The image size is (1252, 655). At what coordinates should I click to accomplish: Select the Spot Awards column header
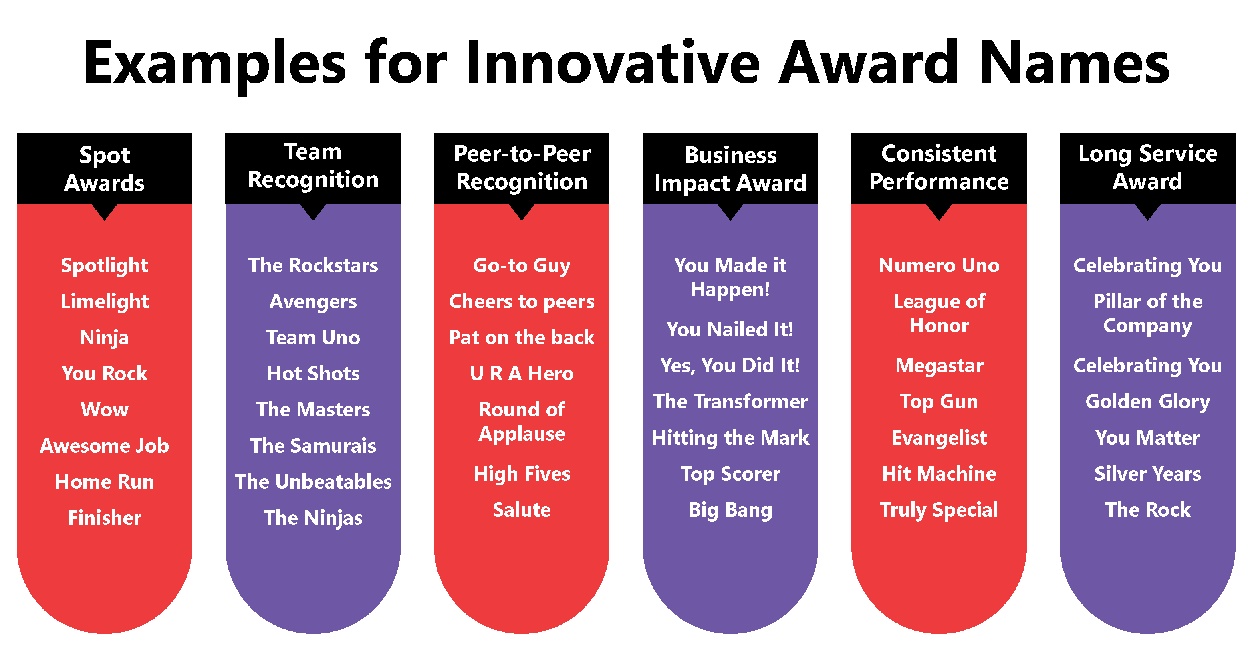point(105,169)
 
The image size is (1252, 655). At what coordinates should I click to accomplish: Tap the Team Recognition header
point(313,166)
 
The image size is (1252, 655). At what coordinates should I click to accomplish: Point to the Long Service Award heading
point(1147,167)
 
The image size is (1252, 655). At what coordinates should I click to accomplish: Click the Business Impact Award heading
point(730,169)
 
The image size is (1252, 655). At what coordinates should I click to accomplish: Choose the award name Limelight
point(105,302)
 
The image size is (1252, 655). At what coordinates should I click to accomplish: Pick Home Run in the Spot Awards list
point(105,481)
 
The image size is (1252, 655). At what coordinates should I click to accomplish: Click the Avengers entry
point(313,302)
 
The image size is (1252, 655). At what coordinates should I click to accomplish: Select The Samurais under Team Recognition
point(313,445)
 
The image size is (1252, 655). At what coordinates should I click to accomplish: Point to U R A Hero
point(522,374)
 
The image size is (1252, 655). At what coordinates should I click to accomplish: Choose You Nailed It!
point(730,329)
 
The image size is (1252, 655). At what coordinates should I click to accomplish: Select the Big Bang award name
point(730,511)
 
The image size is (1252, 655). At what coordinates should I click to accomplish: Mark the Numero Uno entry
point(939,265)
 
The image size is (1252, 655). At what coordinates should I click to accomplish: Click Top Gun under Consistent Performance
point(939,402)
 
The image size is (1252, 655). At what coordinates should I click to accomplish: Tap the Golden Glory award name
point(1147,402)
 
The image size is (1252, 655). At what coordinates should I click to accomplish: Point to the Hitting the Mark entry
point(730,438)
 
